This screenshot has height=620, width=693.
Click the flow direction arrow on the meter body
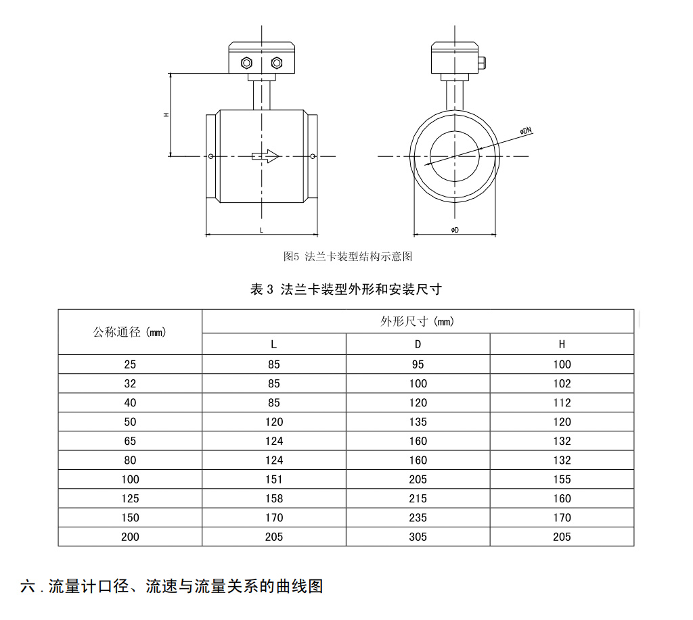click(x=265, y=156)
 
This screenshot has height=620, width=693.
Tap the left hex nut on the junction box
click(x=246, y=63)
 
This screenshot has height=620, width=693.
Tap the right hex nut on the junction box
click(x=277, y=63)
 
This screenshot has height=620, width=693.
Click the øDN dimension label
click(x=526, y=130)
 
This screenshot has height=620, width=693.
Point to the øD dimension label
click(x=455, y=230)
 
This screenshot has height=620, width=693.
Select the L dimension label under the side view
click(x=262, y=230)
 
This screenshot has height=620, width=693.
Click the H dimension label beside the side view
click(x=166, y=115)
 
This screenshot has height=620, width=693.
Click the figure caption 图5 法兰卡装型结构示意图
click(x=348, y=256)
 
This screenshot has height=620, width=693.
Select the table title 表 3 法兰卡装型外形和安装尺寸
click(x=346, y=289)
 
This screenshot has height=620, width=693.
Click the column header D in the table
click(x=418, y=344)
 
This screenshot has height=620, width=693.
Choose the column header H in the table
click(x=562, y=344)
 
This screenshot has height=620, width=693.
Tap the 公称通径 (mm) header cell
click(x=129, y=332)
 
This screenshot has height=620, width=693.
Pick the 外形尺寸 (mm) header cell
click(x=417, y=321)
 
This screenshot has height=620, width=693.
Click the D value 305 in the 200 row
click(x=418, y=537)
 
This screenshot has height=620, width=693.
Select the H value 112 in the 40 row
click(x=562, y=403)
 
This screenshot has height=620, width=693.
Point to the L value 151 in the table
click(x=274, y=479)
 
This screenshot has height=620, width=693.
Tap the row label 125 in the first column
click(x=130, y=498)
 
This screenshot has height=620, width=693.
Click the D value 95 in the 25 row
click(x=418, y=364)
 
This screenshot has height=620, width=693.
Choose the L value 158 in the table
click(x=274, y=498)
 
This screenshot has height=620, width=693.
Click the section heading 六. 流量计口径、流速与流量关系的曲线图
click(x=171, y=586)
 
